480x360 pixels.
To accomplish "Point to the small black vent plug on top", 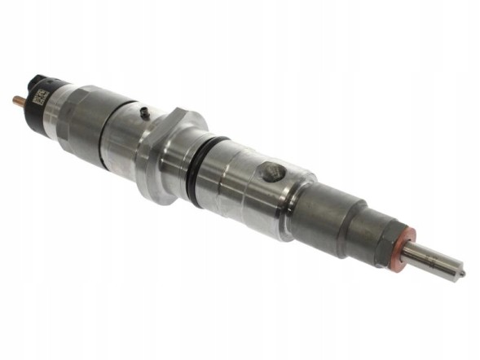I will tap(143, 112).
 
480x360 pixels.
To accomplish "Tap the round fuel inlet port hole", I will tap(272, 173).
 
